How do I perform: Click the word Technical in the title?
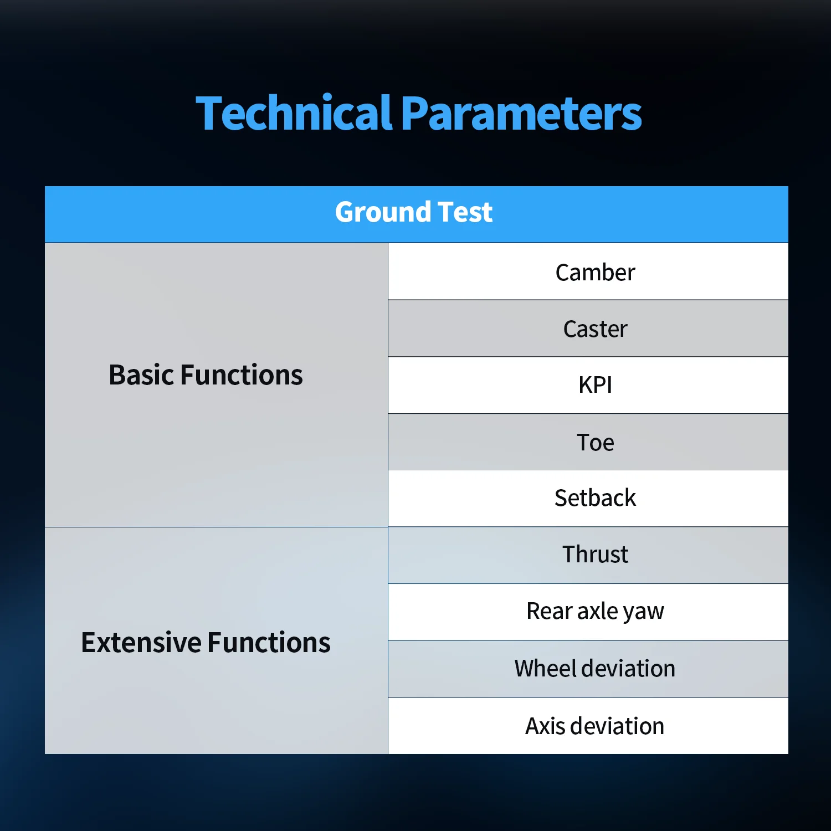(294, 113)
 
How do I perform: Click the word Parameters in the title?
(521, 114)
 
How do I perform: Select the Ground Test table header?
(417, 214)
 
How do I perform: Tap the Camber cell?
(588, 271)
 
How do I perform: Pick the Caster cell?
(588, 329)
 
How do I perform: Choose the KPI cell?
(588, 385)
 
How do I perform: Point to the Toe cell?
(588, 442)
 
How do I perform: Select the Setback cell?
(588, 499)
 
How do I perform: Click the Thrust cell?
(588, 555)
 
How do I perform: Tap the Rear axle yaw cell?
(588, 612)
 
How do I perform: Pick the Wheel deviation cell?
(588, 669)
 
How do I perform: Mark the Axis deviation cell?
(588, 726)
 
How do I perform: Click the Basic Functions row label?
(206, 375)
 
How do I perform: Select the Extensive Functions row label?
(206, 643)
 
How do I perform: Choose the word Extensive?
(141, 643)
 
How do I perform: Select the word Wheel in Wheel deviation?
(546, 669)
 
